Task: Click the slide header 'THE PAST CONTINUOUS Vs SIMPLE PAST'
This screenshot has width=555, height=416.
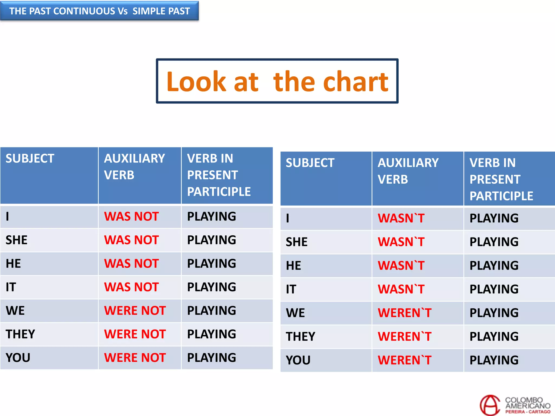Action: [99, 11]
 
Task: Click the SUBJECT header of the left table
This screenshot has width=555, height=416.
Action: [30, 158]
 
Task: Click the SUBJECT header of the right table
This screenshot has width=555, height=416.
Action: [310, 163]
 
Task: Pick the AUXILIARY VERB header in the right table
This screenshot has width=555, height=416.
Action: [408, 171]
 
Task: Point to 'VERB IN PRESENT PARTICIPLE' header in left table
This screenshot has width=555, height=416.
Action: [219, 175]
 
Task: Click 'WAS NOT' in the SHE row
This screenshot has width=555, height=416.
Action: [131, 240]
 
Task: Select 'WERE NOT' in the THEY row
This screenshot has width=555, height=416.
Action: [135, 334]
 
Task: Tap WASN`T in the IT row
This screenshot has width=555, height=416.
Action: [401, 289]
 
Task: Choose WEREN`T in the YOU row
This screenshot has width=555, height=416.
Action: [405, 360]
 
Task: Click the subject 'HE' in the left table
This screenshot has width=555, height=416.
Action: [13, 264]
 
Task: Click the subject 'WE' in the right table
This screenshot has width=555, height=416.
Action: [295, 313]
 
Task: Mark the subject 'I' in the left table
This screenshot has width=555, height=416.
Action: [8, 216]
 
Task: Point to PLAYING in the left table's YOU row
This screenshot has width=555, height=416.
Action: [212, 358]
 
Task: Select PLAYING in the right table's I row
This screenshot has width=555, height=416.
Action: [494, 218]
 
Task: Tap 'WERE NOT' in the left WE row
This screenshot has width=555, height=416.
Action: [135, 311]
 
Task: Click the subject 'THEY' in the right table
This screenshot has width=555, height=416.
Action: [301, 336]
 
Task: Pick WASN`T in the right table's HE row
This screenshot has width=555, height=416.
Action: [401, 265]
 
